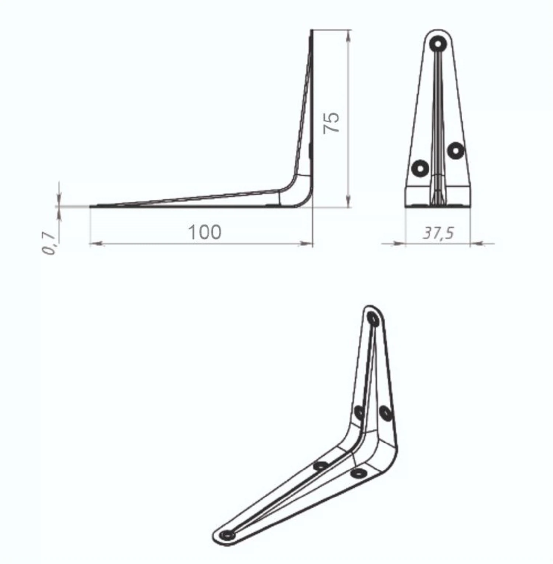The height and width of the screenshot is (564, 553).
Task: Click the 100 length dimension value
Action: (x=205, y=232)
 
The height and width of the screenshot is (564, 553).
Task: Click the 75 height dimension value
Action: (x=331, y=122)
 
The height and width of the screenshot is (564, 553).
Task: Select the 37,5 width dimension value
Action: (x=438, y=233)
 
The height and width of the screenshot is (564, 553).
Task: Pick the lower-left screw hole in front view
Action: (x=420, y=169)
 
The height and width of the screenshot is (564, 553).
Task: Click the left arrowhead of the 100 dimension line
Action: (x=97, y=243)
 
